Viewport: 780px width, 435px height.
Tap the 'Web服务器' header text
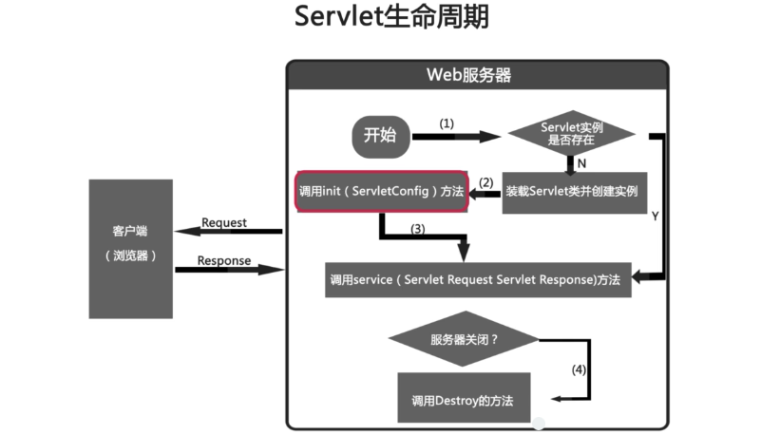[475, 76]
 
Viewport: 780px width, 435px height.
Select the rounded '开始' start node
[380, 136]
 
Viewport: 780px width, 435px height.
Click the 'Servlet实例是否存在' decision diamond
[572, 134]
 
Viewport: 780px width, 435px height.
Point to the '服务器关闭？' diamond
[465, 339]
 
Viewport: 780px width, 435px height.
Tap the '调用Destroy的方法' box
[463, 399]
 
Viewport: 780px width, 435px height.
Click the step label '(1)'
[447, 123]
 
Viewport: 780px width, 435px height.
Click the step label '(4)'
[580, 369]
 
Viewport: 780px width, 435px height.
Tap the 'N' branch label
[581, 163]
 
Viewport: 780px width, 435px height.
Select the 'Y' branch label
[655, 217]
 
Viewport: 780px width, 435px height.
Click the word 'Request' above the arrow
[224, 222]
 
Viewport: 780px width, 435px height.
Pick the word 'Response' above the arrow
[224, 260]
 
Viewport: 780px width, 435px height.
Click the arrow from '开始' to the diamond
[456, 137]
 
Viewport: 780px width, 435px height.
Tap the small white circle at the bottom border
[539, 423]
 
